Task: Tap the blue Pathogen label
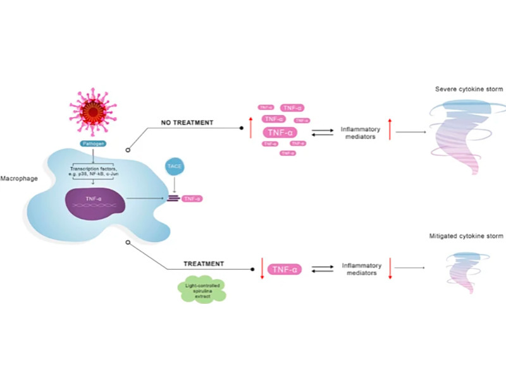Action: pos(92,143)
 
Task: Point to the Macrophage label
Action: pos(19,179)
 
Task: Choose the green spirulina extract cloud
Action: pos(201,291)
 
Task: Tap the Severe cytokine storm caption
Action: pos(469,89)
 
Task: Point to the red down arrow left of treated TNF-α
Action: pos(261,268)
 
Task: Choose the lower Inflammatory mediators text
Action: pos(359,270)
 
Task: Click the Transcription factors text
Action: pos(92,169)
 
